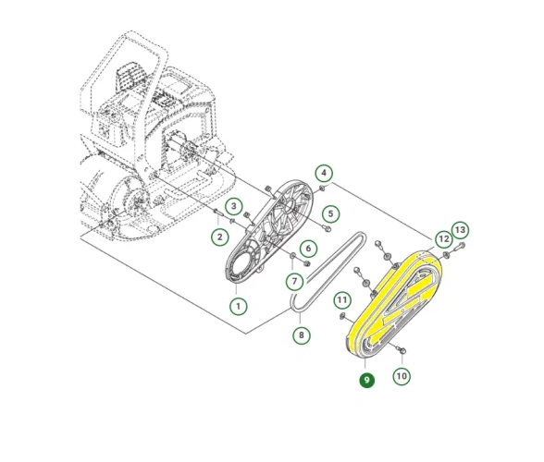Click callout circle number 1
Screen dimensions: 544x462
239,307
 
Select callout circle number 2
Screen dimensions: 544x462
220,237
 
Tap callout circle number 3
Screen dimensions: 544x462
234,207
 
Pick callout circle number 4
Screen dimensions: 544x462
324,173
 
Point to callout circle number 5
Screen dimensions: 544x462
330,213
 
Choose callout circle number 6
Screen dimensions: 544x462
308,249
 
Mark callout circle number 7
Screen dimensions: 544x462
294,281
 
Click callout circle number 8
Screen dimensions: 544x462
302,335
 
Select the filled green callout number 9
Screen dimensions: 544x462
366,381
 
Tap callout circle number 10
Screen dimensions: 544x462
402,376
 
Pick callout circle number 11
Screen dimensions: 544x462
342,299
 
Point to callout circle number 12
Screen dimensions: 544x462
444,239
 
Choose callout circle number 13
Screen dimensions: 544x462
460,230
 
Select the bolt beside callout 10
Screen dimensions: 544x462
402,350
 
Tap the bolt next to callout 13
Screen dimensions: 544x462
459,247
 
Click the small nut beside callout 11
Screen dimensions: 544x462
342,315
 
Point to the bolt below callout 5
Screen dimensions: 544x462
326,228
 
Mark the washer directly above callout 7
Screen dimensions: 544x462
292,256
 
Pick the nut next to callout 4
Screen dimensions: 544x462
322,188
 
